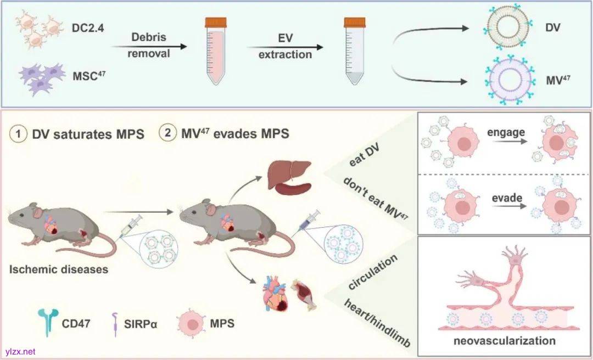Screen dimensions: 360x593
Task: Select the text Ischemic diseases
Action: click(x=58, y=269)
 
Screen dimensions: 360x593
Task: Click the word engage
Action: click(x=505, y=132)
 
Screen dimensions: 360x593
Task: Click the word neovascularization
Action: click(x=505, y=341)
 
